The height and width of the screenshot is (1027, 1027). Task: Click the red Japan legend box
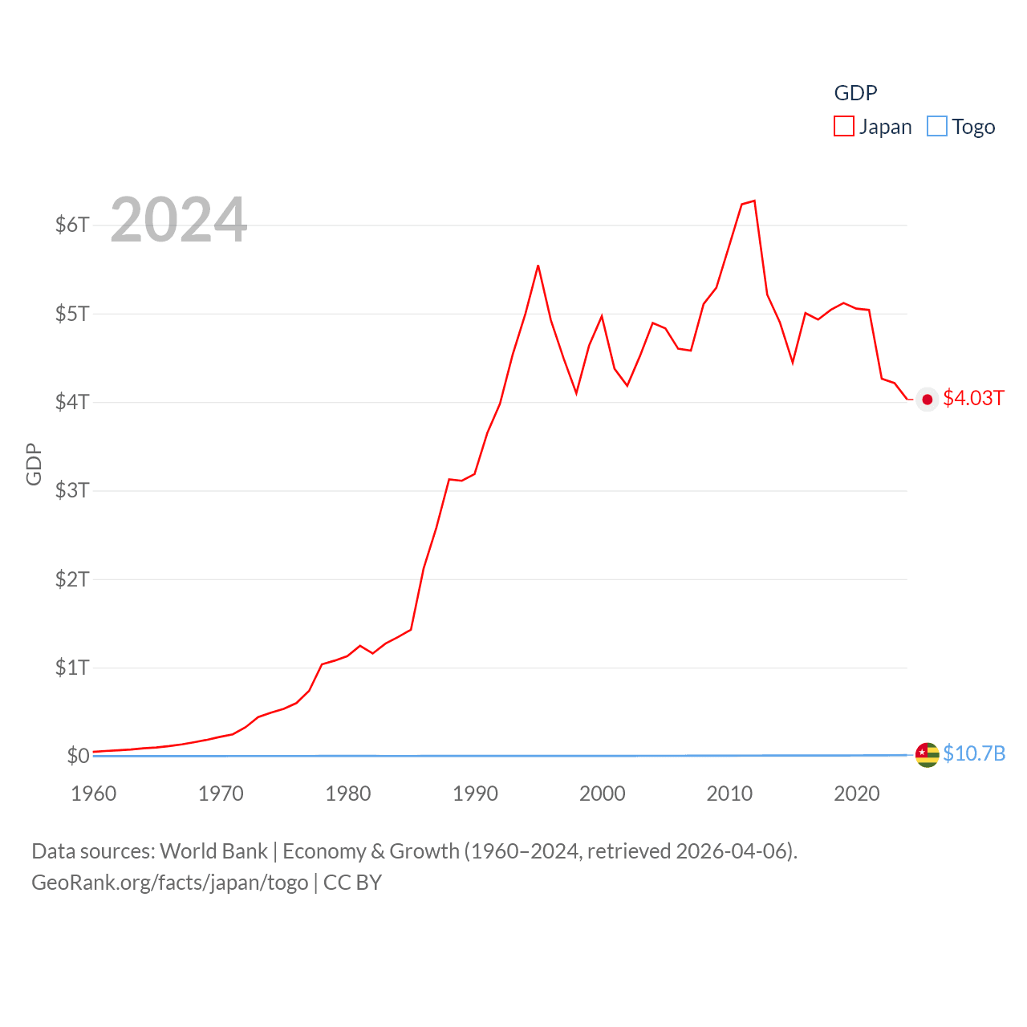coord(844,126)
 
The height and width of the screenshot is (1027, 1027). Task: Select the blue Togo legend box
coord(936,126)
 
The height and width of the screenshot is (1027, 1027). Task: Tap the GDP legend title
coord(855,93)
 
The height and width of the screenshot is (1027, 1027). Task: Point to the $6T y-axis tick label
coord(72,225)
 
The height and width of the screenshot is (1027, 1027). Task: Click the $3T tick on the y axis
coord(72,490)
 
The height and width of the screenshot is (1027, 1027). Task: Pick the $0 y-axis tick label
coord(78,756)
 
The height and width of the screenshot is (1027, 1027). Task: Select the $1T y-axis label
coord(72,668)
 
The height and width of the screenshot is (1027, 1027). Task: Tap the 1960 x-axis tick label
coord(94,794)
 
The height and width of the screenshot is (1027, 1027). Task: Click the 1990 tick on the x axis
coord(475,794)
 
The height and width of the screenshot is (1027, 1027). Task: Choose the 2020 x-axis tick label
coord(857,794)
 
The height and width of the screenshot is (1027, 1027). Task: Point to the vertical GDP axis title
coord(34,464)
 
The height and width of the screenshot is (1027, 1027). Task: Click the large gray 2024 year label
coord(178,220)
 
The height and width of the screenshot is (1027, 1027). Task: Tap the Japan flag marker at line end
coord(928,400)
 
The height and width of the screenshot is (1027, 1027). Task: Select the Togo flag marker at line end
coord(928,754)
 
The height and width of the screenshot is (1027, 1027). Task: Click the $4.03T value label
coord(973,399)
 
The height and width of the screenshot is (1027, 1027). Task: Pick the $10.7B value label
coord(974,753)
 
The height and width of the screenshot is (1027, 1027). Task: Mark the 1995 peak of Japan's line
coord(538,266)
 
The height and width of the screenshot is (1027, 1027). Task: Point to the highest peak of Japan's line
coord(754,201)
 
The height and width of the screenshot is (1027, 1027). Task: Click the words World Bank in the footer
coord(213,851)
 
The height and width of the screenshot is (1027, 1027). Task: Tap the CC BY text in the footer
coord(352,883)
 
